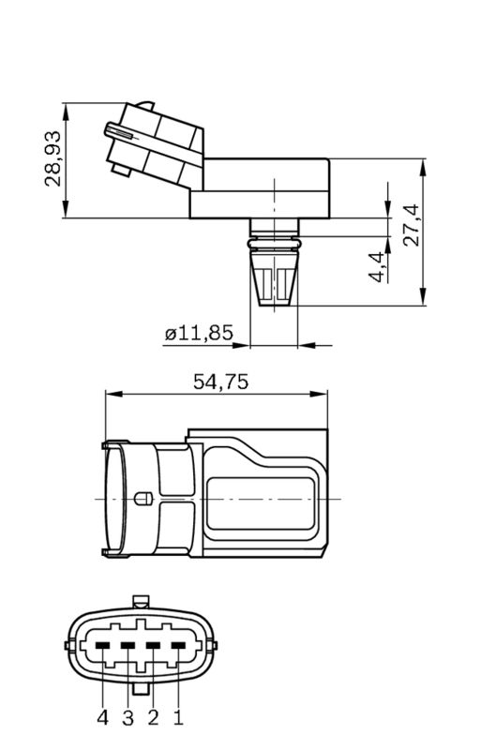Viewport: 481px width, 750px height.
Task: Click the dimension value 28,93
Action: pyautogui.click(x=53, y=158)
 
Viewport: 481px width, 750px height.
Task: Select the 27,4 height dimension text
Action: pyautogui.click(x=409, y=225)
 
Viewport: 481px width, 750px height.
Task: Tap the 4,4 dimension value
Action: pyautogui.click(x=376, y=266)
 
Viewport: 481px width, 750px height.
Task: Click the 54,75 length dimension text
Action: pyautogui.click(x=218, y=382)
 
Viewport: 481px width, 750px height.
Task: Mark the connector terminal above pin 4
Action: pyautogui.click(x=102, y=645)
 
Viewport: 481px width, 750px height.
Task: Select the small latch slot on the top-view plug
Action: pyautogui.click(x=143, y=499)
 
